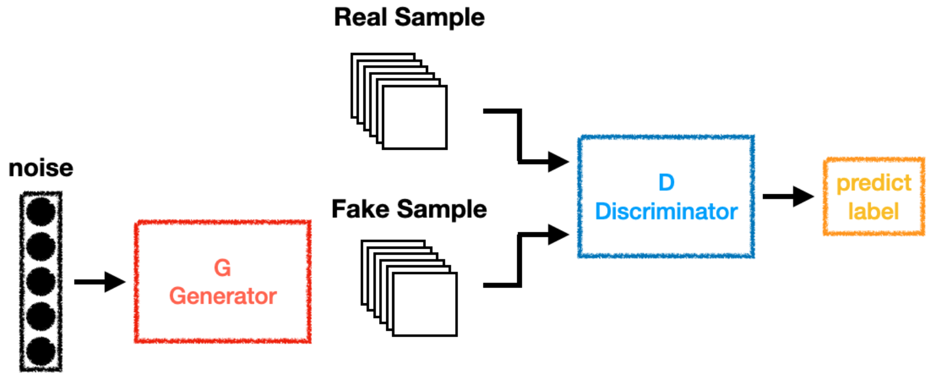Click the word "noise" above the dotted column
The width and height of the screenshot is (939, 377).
[41, 169]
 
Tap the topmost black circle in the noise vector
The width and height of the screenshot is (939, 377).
[41, 211]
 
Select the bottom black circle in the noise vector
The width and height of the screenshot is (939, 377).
[41, 352]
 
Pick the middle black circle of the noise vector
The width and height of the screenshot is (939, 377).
[41, 282]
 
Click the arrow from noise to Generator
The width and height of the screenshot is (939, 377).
[99, 282]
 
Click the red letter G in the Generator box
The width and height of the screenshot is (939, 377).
[222, 268]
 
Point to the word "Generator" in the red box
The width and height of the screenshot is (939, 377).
[223, 296]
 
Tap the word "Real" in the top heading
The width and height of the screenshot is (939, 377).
[360, 17]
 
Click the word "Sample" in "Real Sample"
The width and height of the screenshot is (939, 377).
[439, 18]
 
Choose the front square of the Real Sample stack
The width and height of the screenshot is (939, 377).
[415, 117]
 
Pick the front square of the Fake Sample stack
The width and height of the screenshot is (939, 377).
[425, 304]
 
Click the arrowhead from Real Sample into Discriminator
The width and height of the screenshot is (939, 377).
[558, 160]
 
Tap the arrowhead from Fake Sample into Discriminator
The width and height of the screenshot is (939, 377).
[558, 235]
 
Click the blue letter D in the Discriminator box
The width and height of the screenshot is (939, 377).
[666, 183]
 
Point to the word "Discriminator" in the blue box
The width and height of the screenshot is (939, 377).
[666, 211]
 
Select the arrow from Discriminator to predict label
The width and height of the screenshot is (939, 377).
[787, 196]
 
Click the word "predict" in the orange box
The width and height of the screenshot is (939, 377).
[873, 183]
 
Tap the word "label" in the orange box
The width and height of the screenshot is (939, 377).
[873, 211]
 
